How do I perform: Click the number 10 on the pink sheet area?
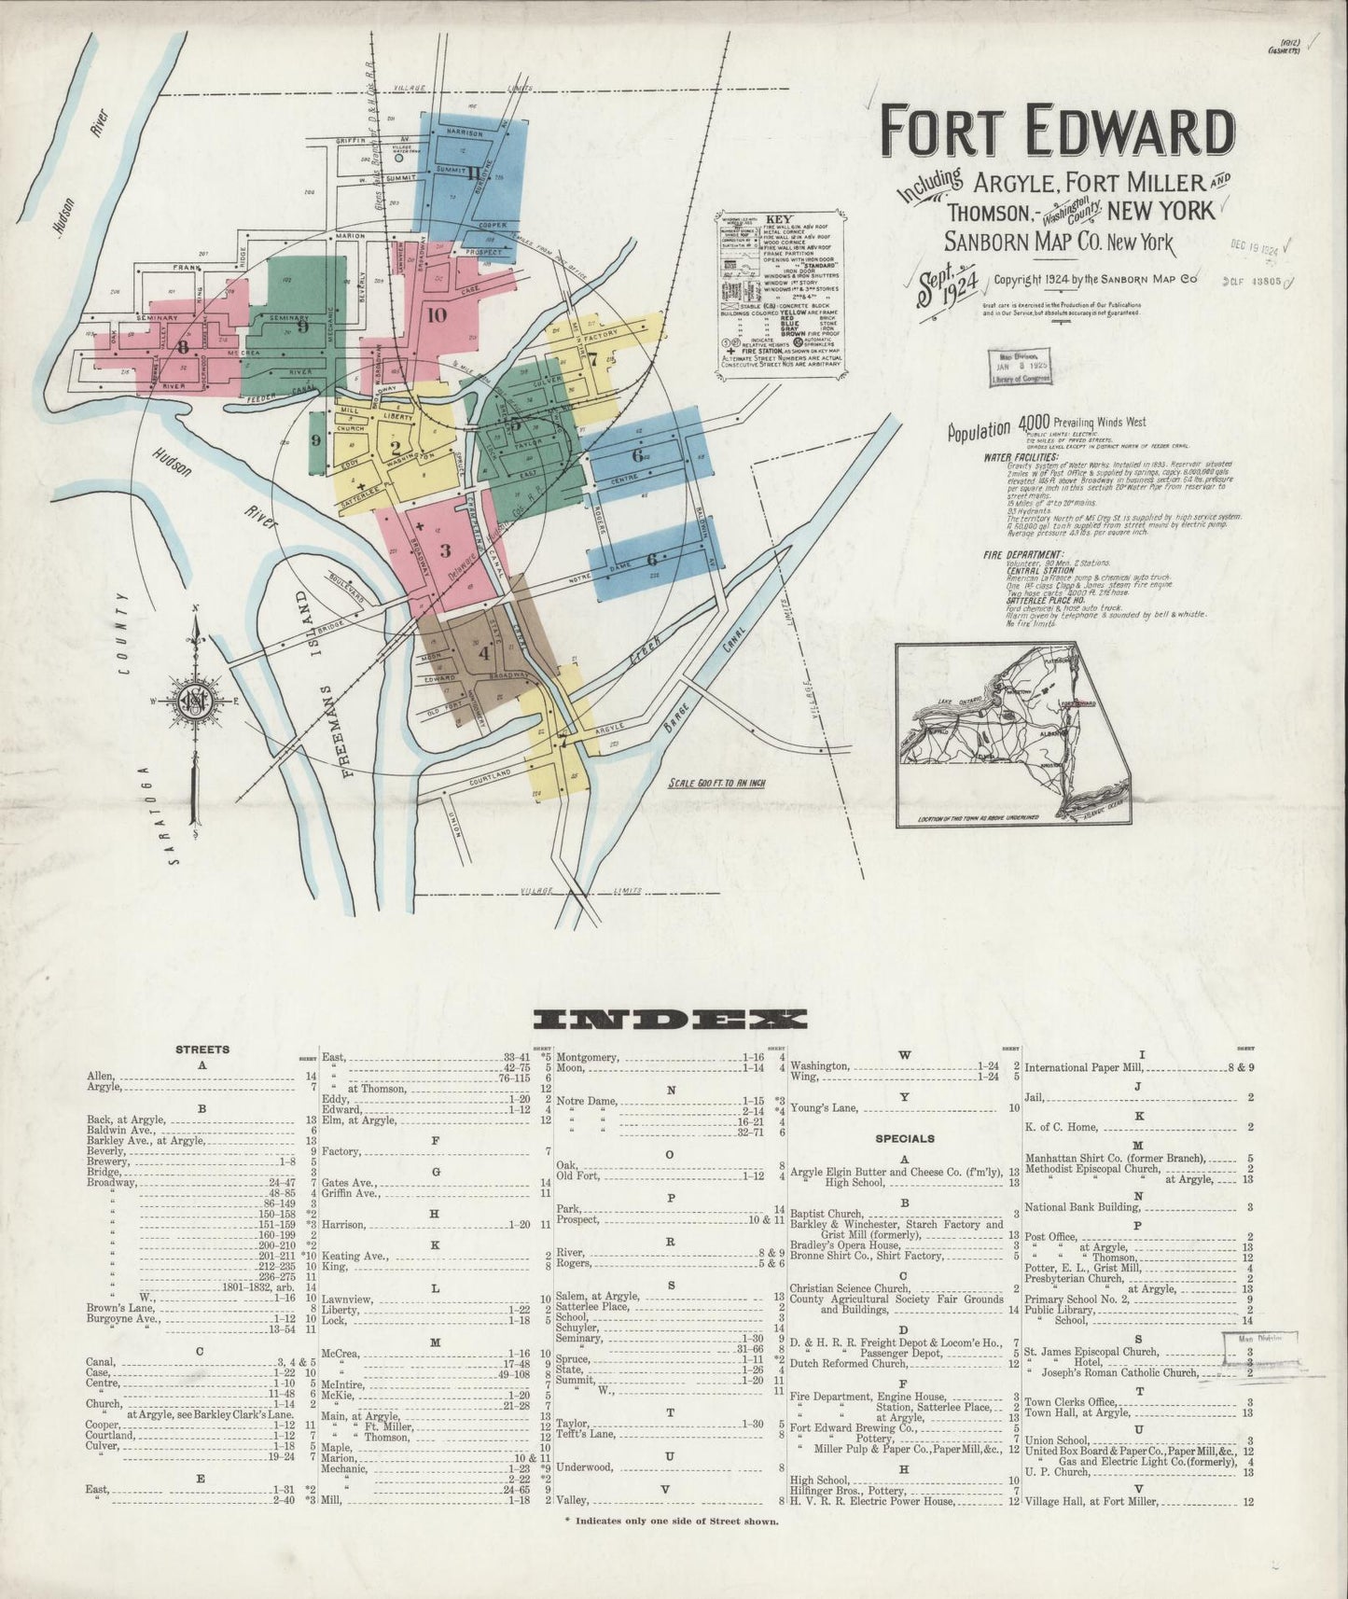(437, 314)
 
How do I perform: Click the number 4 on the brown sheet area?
(483, 654)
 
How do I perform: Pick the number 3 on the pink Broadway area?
(445, 549)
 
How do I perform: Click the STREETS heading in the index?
(202, 1050)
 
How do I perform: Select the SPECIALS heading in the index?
(904, 1139)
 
